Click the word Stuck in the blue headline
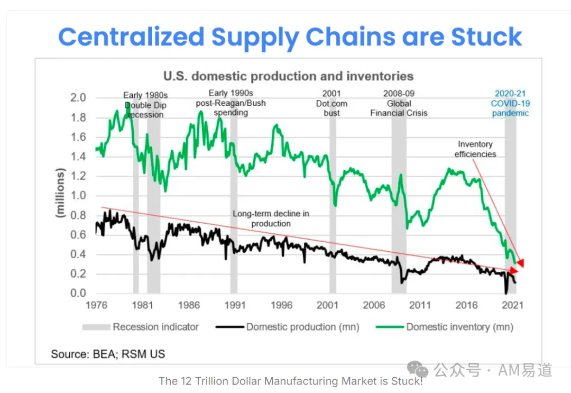(x=486, y=37)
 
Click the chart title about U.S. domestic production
(x=289, y=76)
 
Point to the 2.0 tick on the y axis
(x=78, y=98)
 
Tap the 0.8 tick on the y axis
(x=78, y=215)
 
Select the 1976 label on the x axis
(x=96, y=305)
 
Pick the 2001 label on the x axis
(x=327, y=305)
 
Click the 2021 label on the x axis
(x=512, y=305)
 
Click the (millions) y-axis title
(x=60, y=193)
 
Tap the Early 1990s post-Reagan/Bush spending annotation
(x=231, y=103)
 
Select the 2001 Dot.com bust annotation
(x=331, y=103)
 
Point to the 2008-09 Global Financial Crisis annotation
(x=399, y=103)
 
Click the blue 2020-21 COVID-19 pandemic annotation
(x=510, y=103)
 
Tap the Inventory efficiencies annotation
(x=475, y=149)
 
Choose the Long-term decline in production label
(x=271, y=218)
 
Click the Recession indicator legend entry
(x=141, y=327)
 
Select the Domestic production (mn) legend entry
(x=287, y=327)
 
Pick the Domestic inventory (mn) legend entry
(x=444, y=327)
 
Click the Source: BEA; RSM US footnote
(x=108, y=354)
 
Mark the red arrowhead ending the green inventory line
(x=520, y=263)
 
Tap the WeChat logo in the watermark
(x=418, y=369)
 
